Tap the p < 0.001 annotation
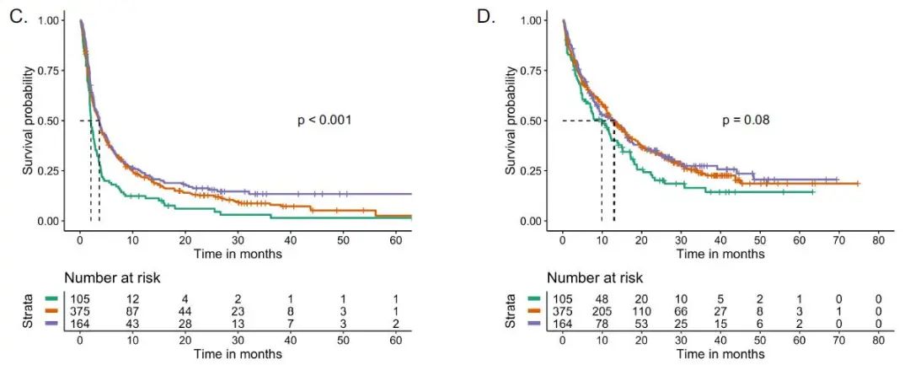pos(324,121)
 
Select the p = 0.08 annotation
pos(746,121)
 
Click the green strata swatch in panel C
pos(51,298)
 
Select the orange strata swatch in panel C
pos(51,310)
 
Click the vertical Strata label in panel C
pos(29,310)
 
